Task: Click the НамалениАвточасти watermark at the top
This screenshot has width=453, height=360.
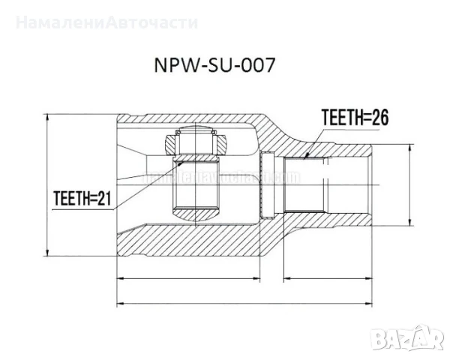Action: (106, 22)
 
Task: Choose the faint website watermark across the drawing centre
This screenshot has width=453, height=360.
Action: (225, 177)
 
